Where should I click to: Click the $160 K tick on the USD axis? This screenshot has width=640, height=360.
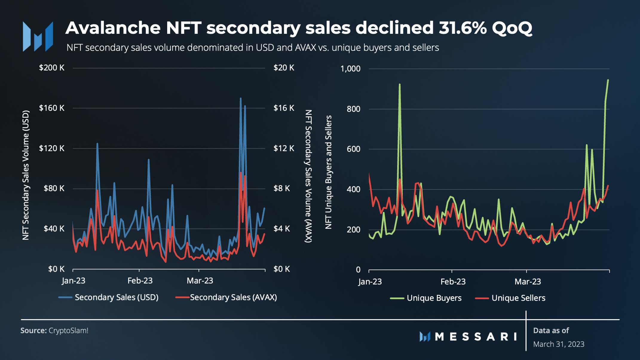52,108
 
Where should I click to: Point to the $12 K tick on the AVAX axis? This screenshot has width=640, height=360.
284,148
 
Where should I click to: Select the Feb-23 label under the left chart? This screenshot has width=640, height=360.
140,281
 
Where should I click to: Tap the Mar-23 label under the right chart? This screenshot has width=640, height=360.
528,282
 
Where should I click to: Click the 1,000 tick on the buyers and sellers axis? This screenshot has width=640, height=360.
350,69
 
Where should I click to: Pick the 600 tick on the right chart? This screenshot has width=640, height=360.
354,149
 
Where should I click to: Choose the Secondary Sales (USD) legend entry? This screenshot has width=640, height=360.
108,297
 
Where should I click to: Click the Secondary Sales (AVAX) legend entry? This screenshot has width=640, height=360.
226,297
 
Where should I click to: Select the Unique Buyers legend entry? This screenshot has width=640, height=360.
426,298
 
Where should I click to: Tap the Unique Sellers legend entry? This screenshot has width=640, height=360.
510,298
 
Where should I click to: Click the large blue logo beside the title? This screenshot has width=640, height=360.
38,36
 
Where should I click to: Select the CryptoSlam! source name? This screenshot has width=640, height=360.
68,330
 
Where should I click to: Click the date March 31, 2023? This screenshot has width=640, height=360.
559,344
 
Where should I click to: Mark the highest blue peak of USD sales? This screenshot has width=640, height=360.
241,99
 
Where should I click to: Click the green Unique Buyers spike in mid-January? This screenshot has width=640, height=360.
399,85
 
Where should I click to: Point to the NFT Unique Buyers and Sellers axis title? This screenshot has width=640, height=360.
328,172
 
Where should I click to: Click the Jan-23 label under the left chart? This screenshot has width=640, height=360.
74,281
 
